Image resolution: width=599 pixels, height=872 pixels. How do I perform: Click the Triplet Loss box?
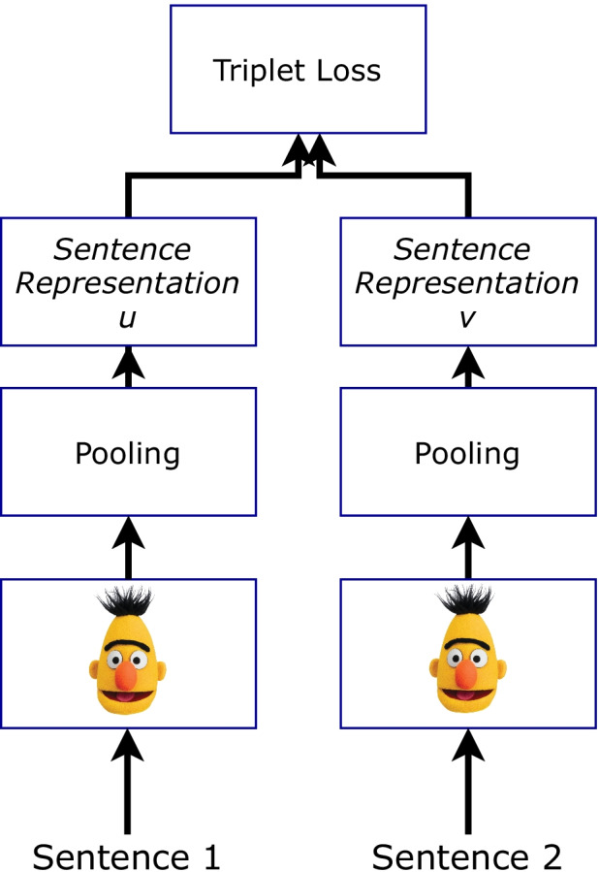pos(298,70)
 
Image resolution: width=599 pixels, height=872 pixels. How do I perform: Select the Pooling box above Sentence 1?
pos(128,452)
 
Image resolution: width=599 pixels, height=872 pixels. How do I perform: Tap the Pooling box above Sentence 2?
pos(467,452)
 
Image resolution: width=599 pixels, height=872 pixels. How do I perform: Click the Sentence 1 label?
pos(127,856)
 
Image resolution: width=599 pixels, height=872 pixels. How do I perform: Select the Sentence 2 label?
pos(467,856)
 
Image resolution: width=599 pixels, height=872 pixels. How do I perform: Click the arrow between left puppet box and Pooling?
pos(128,548)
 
